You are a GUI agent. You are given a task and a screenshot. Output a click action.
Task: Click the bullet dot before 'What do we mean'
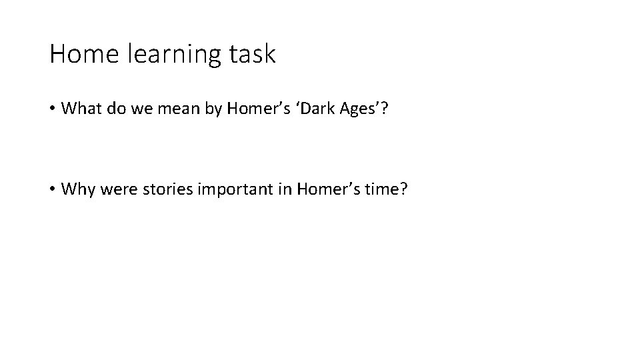[52, 109]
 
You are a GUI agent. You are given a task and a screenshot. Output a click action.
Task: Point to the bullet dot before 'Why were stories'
[52, 189]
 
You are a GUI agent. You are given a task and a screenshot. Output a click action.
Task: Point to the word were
[114, 189]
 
